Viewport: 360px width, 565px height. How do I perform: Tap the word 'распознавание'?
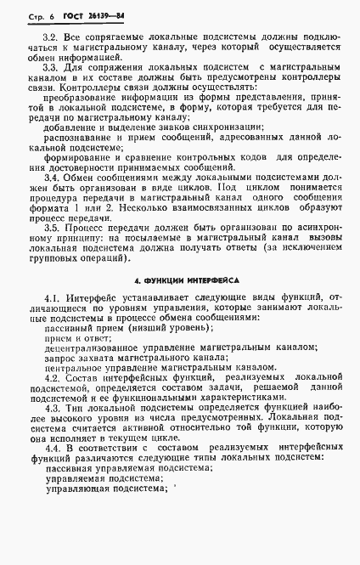coord(81,138)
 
